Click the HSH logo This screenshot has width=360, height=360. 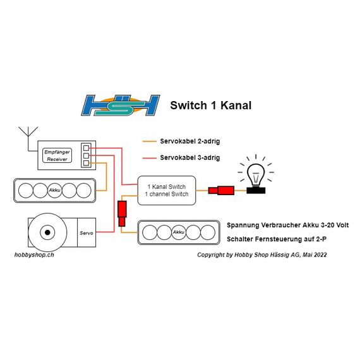click(x=121, y=105)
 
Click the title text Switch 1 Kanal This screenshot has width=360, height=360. click(x=211, y=105)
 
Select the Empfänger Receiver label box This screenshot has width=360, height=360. click(x=57, y=155)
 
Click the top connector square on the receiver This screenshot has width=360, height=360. click(x=86, y=148)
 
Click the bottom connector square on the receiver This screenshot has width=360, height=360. click(x=86, y=163)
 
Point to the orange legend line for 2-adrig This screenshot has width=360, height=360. click(x=149, y=141)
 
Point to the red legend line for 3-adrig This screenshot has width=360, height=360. click(x=149, y=158)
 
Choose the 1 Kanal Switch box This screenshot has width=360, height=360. click(x=167, y=190)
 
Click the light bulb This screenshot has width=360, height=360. click(x=256, y=175)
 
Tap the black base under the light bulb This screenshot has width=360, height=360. click(x=256, y=190)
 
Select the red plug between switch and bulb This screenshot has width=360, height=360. click(x=221, y=190)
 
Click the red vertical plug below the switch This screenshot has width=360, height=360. click(x=122, y=213)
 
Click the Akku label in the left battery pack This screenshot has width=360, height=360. click(x=55, y=190)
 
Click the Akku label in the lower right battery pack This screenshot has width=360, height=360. click(x=179, y=232)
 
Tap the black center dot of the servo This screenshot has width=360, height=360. click(x=47, y=232)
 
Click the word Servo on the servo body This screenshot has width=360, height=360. click(x=87, y=233)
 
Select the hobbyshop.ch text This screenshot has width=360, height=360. click(x=34, y=255)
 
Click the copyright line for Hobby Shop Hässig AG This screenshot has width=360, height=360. click(x=262, y=255)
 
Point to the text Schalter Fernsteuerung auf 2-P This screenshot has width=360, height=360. click(x=277, y=239)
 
